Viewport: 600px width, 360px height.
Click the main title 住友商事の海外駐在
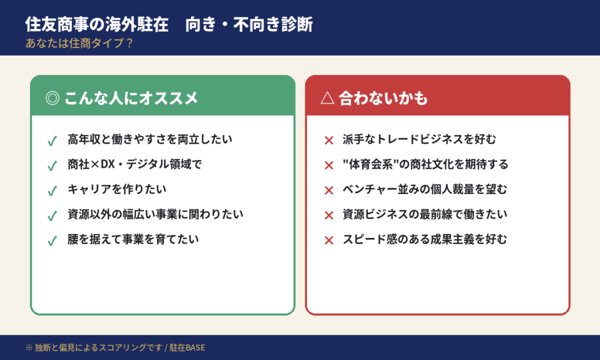tap(97, 25)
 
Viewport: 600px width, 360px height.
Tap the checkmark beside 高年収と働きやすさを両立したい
tap(52, 141)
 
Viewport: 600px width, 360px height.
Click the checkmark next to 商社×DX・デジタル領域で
tap(52, 166)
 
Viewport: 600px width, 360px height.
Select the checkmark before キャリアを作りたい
tap(52, 191)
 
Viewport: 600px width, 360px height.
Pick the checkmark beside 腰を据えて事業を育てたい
tap(52, 240)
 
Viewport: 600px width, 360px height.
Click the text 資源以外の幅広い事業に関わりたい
tap(155, 214)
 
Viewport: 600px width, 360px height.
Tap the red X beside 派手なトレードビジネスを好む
tap(329, 141)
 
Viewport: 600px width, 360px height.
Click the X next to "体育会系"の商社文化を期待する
tap(329, 165)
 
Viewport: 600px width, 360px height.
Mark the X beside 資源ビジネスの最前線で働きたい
tap(329, 215)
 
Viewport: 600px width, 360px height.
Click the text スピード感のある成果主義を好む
tap(425, 239)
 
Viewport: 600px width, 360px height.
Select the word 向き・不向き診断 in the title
tap(249, 25)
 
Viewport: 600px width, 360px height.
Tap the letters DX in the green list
tap(107, 165)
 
